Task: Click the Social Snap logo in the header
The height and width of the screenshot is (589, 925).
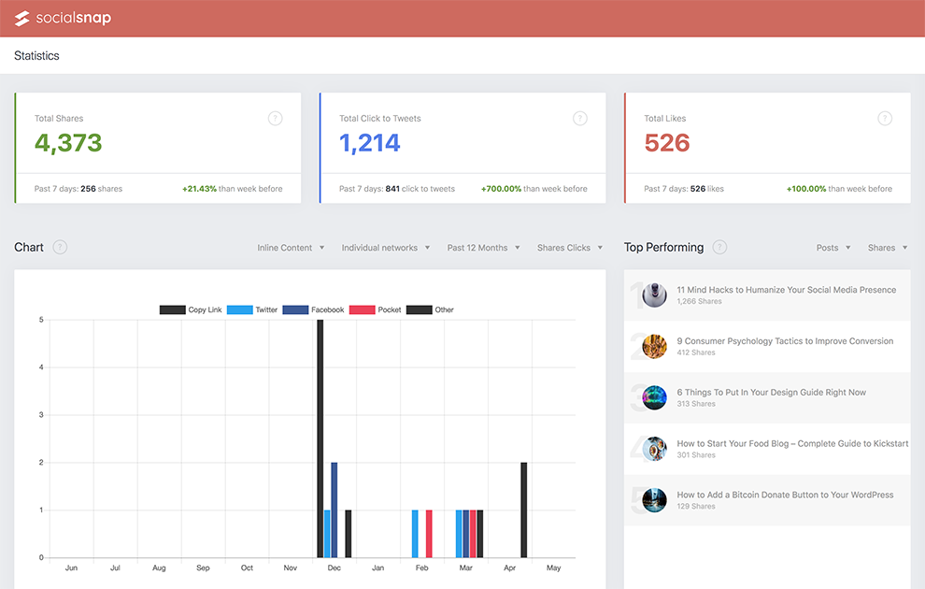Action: [63, 19]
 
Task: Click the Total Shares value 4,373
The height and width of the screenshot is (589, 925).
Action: [68, 143]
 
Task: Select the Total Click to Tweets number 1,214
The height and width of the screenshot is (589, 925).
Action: [370, 143]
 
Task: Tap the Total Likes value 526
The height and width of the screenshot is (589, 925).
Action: [667, 143]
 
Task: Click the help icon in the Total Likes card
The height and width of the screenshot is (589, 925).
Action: [885, 119]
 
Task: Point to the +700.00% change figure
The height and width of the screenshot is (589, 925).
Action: [502, 189]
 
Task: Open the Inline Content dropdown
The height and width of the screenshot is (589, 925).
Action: [291, 248]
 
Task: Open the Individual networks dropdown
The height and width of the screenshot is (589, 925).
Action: [385, 248]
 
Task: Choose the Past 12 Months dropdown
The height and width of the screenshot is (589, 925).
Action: [483, 248]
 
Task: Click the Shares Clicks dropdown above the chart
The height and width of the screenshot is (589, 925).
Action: [569, 248]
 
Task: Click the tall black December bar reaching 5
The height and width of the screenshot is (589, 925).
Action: [320, 438]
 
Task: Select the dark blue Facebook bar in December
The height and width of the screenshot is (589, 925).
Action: [334, 510]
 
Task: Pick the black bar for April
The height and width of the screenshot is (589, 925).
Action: [524, 510]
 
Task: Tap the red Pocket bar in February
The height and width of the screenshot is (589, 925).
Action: [429, 534]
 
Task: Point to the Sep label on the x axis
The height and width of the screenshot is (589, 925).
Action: [203, 568]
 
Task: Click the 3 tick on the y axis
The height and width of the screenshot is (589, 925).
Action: [41, 415]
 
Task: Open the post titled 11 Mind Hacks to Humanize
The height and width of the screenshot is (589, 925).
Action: [786, 290]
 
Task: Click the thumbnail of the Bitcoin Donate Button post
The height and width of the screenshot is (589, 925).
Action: [655, 500]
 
